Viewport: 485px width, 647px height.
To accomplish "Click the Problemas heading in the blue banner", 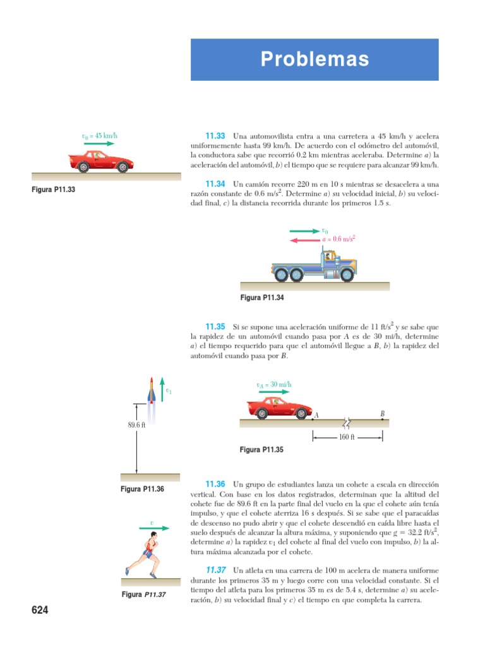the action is coord(314,59).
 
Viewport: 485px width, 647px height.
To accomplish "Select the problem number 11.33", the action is coord(215,136).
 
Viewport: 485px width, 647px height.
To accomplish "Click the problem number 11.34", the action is coord(215,183).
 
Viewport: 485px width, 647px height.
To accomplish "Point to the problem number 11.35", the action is coord(215,327).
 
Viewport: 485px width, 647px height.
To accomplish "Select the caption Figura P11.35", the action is coord(262,450).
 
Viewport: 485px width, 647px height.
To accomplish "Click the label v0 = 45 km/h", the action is coord(100,136).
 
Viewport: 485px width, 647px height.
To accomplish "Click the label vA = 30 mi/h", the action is coord(274,385).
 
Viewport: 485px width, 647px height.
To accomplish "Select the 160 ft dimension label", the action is coord(347,437).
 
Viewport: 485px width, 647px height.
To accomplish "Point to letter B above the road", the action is coord(382,414).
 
